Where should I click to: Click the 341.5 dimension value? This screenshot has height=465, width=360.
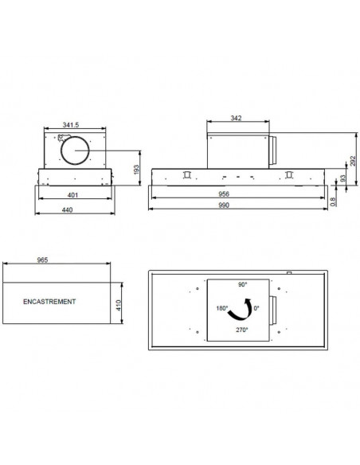[71, 125]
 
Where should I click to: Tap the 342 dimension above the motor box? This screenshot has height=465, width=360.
[236, 118]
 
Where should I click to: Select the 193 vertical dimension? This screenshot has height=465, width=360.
[136, 170]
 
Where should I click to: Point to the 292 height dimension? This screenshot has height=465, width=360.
[353, 161]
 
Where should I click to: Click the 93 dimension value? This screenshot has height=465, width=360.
[342, 178]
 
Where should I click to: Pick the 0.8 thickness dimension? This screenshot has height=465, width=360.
[333, 201]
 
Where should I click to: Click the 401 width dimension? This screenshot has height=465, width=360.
[72, 195]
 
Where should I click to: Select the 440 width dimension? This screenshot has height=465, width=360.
[67, 209]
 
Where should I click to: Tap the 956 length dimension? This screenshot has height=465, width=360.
[224, 194]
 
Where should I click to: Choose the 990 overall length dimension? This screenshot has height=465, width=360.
[224, 205]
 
